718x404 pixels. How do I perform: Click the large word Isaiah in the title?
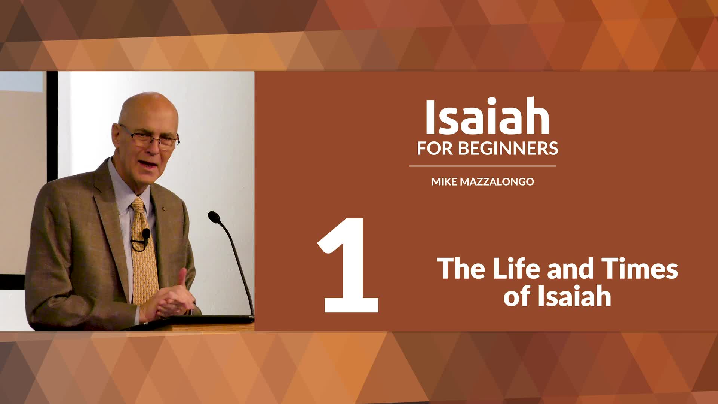coord(487,117)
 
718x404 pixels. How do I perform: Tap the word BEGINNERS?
coord(508,149)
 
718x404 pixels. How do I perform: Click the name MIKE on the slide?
coord(444,182)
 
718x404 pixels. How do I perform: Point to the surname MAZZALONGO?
coord(497,182)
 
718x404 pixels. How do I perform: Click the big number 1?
coord(349,266)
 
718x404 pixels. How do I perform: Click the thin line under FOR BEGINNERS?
coord(482,166)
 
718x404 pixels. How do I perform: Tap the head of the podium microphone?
coord(214,217)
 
